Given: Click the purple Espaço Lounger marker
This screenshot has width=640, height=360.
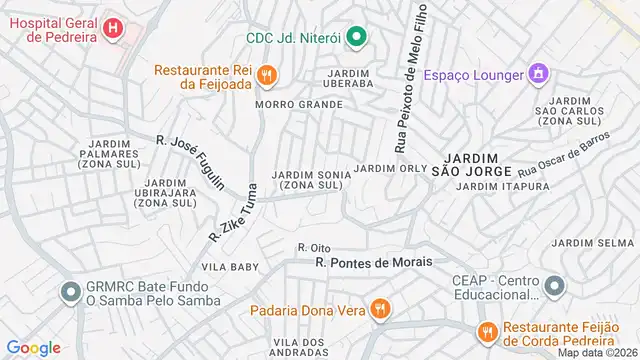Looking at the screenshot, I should click(x=539, y=74).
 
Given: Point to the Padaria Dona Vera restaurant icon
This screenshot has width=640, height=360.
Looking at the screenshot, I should click(x=378, y=309).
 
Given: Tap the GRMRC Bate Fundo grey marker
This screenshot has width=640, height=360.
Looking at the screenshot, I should click(x=70, y=292).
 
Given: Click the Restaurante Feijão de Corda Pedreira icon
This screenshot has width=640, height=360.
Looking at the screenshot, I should click(x=487, y=331).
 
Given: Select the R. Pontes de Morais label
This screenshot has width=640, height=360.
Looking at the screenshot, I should click(x=373, y=262).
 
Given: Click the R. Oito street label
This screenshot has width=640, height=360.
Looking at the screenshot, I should click(x=313, y=247).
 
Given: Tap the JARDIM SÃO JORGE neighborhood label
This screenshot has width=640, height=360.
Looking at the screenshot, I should click(x=471, y=164).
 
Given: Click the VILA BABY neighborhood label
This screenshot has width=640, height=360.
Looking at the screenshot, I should click(x=230, y=267).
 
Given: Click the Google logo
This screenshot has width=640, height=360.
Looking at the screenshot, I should click(x=34, y=347).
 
